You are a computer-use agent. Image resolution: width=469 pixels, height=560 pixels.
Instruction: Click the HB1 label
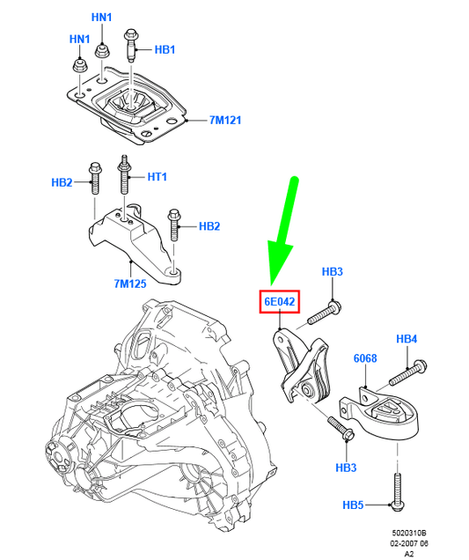[x=165, y=50]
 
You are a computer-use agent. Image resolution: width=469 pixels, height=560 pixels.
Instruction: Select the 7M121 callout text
[x=226, y=119]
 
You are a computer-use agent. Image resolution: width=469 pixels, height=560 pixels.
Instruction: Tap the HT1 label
[x=157, y=177]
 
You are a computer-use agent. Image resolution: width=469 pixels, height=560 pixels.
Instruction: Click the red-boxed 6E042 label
[x=281, y=302]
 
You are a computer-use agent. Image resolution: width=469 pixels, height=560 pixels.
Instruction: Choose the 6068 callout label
[x=365, y=358]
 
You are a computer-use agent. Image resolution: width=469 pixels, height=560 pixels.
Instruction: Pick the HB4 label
[x=407, y=338]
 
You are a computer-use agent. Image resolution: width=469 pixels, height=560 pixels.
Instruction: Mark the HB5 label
[x=354, y=505]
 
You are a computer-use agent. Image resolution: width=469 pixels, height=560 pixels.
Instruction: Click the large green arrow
[x=286, y=229]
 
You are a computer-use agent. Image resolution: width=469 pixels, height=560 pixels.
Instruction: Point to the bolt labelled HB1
[x=131, y=44]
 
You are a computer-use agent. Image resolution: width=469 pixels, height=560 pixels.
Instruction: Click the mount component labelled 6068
[x=382, y=415]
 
